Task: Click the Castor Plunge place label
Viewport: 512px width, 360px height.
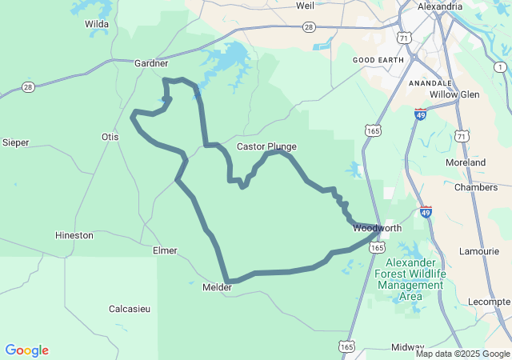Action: coord(266,146)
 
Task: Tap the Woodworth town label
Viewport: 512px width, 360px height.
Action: coord(377,228)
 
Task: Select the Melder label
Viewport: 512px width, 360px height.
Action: coord(217,287)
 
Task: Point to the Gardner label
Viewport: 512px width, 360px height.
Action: coord(151,63)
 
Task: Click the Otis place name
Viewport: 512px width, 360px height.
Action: coord(110,137)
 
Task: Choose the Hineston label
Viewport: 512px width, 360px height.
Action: coord(74,235)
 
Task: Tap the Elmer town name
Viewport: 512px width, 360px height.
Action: coord(165,250)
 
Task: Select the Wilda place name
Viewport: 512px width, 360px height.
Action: coord(97,24)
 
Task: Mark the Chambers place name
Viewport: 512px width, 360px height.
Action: coord(475,187)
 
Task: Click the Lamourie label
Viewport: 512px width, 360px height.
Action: coord(480,252)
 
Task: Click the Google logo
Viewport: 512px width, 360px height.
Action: coord(27,350)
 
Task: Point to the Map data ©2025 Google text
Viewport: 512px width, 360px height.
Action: coord(462,354)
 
